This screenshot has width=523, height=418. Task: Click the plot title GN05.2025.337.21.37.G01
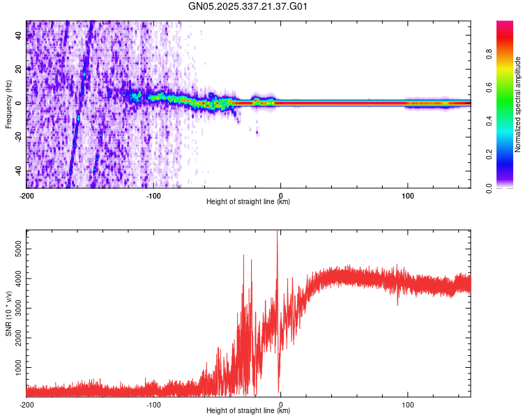[248, 6]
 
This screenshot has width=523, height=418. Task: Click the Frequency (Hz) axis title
[8, 104]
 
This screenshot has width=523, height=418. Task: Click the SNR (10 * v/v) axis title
[8, 313]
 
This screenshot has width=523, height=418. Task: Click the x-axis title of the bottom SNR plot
[248, 411]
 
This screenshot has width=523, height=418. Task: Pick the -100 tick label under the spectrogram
[154, 195]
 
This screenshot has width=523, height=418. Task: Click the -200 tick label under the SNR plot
[26, 404]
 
